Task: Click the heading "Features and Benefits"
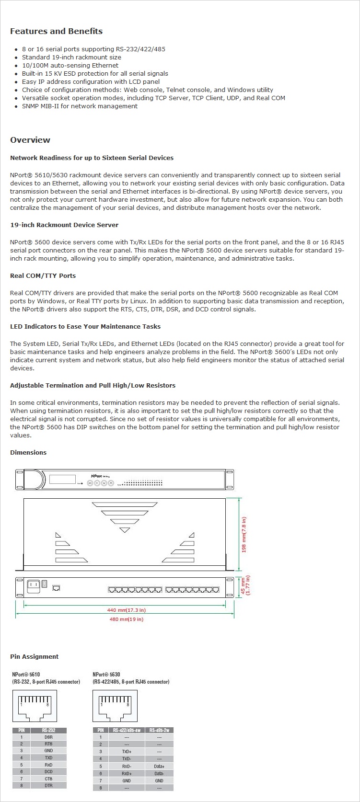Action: [x=56, y=31]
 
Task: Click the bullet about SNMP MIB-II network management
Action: [x=80, y=106]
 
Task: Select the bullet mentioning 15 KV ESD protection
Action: [x=95, y=73]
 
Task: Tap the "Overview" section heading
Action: [x=30, y=140]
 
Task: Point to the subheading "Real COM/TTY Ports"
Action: [x=43, y=275]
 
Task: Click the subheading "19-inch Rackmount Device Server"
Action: [x=64, y=225]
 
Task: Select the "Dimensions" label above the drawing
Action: [x=28, y=452]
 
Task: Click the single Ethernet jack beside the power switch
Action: [x=56, y=588]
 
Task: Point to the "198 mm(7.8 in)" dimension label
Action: [x=244, y=535]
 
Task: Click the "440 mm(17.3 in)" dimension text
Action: [x=126, y=610]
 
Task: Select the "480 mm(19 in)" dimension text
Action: [x=126, y=619]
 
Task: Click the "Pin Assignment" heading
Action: [x=34, y=656]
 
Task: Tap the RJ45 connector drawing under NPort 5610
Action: [x=35, y=705]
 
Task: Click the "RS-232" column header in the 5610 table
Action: [x=48, y=730]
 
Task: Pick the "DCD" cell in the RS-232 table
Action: [x=48, y=772]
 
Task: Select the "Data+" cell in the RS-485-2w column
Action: [x=159, y=767]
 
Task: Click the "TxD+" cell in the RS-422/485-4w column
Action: [x=127, y=752]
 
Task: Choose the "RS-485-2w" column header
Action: [x=159, y=730]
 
